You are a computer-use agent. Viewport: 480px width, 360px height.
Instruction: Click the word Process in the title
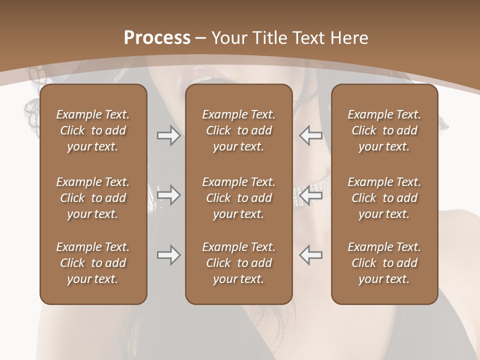(x=157, y=38)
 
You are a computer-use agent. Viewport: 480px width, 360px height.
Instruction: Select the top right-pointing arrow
(x=168, y=135)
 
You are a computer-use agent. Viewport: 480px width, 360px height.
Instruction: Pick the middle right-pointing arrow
(x=168, y=195)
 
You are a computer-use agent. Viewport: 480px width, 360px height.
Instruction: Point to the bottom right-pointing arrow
(x=168, y=255)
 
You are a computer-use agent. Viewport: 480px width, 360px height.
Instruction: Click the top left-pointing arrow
(x=310, y=135)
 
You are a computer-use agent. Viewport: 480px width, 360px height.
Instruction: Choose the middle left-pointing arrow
(x=310, y=195)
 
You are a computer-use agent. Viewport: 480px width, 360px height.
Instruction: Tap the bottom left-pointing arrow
(x=310, y=255)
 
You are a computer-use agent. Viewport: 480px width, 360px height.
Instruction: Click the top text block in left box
(x=93, y=130)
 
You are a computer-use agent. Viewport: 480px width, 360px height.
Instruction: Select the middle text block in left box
(x=93, y=198)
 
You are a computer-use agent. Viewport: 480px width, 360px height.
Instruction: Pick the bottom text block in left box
(x=93, y=263)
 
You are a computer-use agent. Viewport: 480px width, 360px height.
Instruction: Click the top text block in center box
(x=238, y=130)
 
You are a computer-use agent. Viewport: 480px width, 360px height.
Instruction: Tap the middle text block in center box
(x=238, y=198)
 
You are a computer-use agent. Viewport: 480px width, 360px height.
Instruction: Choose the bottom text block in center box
(x=238, y=263)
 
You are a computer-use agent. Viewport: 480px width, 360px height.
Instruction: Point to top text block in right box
(x=384, y=130)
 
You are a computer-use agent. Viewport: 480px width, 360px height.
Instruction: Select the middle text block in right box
(x=384, y=198)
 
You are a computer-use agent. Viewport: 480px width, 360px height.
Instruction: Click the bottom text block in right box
(x=384, y=263)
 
